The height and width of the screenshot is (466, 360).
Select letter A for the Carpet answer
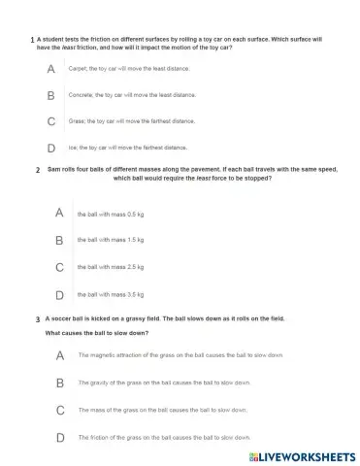tap(50, 70)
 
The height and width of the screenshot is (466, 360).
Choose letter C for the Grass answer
tap(50, 121)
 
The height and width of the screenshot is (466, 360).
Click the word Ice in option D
tap(73, 148)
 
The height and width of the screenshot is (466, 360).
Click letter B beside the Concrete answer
tap(50, 95)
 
